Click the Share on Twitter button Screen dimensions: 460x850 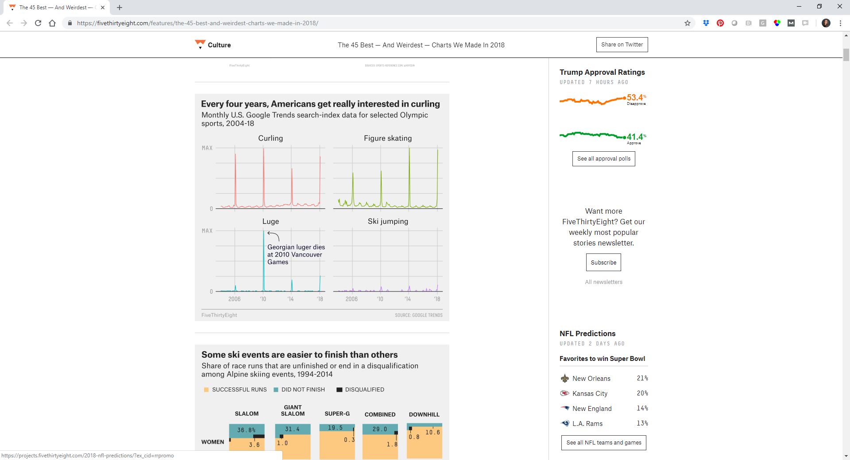click(622, 45)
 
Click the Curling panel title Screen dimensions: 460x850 click(270, 138)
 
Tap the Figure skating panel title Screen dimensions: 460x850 click(387, 138)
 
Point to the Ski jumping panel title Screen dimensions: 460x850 click(388, 221)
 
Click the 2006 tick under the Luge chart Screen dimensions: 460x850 click(234, 299)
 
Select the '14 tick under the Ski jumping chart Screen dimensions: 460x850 click(407, 299)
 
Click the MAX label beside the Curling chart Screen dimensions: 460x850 click(207, 148)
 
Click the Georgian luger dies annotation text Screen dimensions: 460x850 click(296, 254)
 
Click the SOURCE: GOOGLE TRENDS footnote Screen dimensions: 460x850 click(418, 315)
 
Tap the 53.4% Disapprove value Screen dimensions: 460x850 click(635, 98)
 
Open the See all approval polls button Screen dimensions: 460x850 click(603, 159)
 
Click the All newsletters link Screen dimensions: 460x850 click(603, 282)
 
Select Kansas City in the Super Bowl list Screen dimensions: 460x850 click(590, 393)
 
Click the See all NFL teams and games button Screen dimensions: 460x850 click(603, 442)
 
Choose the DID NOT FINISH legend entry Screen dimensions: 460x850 click(303, 390)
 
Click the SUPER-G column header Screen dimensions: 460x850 click(337, 414)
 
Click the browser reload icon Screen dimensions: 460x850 click(38, 23)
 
